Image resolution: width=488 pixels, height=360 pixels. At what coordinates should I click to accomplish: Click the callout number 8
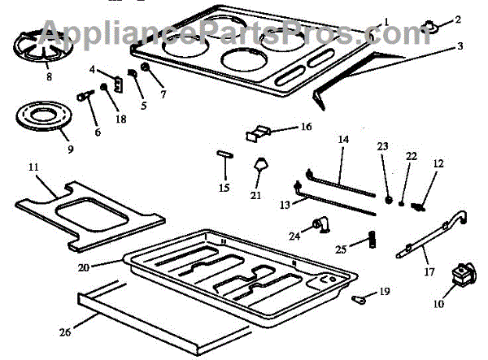pyautogui.click(x=49, y=78)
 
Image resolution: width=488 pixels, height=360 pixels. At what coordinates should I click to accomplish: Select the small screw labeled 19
pyautogui.click(x=358, y=299)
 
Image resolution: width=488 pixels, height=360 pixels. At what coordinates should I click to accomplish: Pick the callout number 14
pyautogui.click(x=343, y=140)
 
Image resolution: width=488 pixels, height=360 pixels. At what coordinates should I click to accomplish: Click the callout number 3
pyautogui.click(x=460, y=47)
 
